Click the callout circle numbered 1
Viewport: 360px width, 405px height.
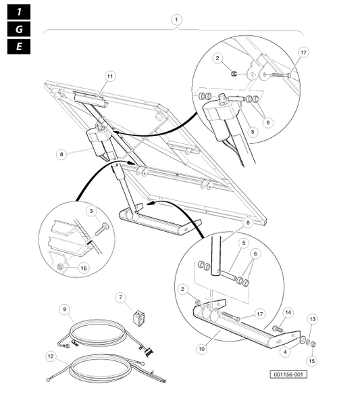click(176, 20)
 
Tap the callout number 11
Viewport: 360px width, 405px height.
click(110, 76)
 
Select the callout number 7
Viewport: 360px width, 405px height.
click(121, 297)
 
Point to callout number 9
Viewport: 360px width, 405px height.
click(65, 309)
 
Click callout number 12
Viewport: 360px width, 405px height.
click(51, 356)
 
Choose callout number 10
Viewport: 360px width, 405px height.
click(201, 349)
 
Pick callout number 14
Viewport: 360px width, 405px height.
click(288, 312)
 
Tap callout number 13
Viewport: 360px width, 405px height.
click(313, 319)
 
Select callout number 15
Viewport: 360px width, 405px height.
click(312, 361)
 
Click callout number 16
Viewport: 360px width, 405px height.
click(84, 268)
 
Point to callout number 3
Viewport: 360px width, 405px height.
click(91, 211)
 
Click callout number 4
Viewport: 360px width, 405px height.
click(285, 352)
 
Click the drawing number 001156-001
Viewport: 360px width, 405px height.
click(288, 375)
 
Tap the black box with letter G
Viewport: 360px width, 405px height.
click(19, 29)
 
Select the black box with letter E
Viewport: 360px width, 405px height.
click(19, 47)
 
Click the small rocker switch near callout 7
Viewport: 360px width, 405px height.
click(138, 318)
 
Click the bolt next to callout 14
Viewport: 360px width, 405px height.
click(278, 329)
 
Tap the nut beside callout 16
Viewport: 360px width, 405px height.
click(61, 266)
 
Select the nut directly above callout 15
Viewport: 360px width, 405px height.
click(313, 344)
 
